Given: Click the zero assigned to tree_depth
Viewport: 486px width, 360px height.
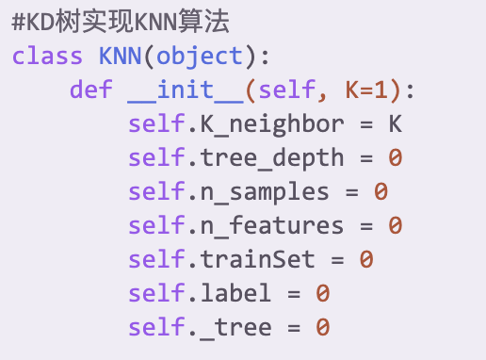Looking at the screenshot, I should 395,158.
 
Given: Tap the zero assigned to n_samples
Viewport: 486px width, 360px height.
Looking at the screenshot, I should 381,192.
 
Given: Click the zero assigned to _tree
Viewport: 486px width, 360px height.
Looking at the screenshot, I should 323,327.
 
